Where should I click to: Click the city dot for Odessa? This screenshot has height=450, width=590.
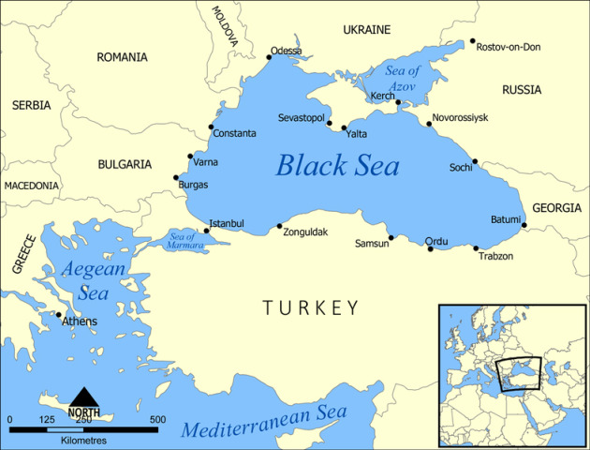click(x=269, y=57)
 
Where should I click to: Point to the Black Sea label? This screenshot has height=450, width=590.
click(x=337, y=167)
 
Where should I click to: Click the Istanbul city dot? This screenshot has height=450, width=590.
click(x=206, y=231)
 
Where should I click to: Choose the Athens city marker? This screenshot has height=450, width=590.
click(x=59, y=315)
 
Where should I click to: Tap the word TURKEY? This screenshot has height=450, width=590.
click(x=311, y=307)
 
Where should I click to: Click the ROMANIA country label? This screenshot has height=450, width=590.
click(x=122, y=57)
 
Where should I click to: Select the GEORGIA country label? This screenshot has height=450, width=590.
click(x=556, y=208)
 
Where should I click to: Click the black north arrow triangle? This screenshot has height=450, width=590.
click(x=84, y=397)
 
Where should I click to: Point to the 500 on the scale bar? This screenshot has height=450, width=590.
click(x=157, y=419)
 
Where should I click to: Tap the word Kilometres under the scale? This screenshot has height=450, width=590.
click(x=84, y=440)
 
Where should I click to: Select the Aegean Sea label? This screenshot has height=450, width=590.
click(x=93, y=280)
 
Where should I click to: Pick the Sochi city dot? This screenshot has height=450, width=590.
click(x=476, y=161)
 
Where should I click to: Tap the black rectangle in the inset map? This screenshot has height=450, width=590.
click(x=520, y=373)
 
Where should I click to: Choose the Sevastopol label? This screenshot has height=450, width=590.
click(x=301, y=118)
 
